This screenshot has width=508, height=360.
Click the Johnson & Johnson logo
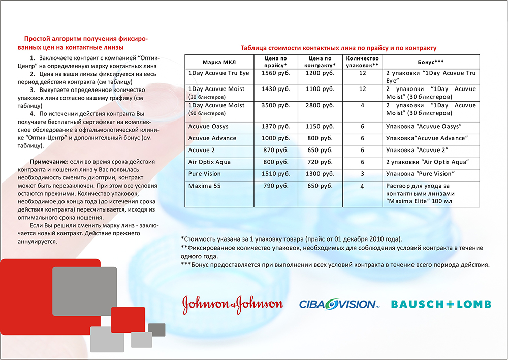(232, 304)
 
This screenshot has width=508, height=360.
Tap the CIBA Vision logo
(339, 304)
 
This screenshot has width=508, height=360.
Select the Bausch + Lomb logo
(441, 304)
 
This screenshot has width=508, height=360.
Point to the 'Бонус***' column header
(431, 61)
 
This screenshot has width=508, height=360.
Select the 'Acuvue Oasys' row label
(212, 126)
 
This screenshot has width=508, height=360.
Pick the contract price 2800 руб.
(321, 105)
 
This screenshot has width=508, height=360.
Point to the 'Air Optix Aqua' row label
(209, 162)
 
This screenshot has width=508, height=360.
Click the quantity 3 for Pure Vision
(362, 173)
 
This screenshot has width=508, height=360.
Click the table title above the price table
(338, 48)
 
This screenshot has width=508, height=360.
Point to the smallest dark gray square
(156, 330)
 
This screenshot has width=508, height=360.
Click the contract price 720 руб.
(321, 162)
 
